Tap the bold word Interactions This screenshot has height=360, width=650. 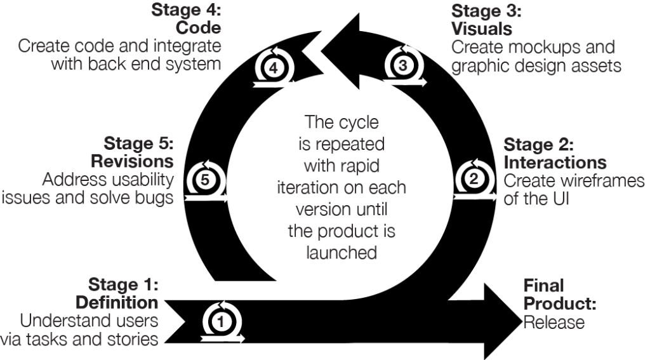tap(555, 162)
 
